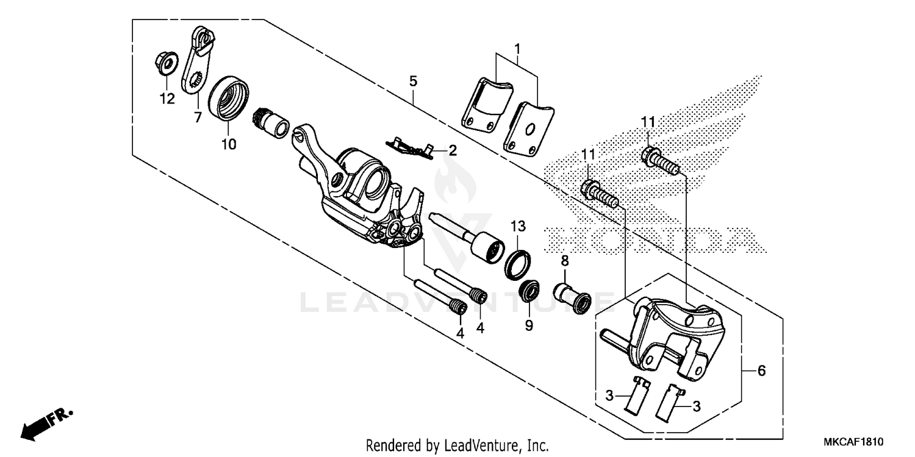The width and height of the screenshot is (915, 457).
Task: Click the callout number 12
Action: point(167,99)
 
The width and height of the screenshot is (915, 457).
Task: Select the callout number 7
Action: point(198,118)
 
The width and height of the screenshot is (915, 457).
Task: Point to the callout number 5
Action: point(413,80)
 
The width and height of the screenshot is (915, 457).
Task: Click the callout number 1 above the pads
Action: point(517,48)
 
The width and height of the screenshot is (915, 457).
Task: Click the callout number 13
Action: point(517,227)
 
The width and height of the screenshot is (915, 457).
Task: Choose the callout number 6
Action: point(761,370)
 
